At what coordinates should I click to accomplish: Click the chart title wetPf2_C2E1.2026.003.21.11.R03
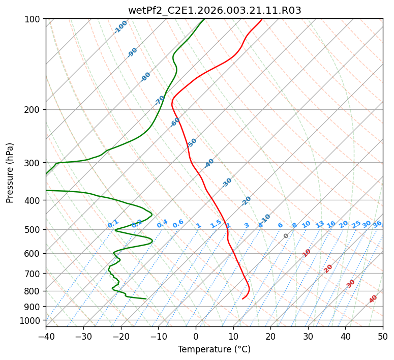click(x=214, y=10)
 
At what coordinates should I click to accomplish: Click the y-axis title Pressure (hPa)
click(x=10, y=172)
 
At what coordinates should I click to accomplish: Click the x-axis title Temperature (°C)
click(x=214, y=349)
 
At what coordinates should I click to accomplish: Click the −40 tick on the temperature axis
click(x=46, y=336)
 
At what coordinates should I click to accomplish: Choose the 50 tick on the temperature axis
click(x=383, y=336)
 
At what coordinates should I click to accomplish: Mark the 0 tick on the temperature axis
click(x=196, y=336)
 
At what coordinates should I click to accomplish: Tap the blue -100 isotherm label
click(x=121, y=26)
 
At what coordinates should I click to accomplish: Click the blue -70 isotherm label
click(x=160, y=100)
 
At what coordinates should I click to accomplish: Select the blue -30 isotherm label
click(x=227, y=183)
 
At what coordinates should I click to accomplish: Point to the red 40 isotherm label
click(x=373, y=299)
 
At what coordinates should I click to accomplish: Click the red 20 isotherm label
click(x=328, y=268)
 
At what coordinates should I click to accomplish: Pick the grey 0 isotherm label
click(x=286, y=236)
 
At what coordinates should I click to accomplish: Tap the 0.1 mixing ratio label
click(x=113, y=224)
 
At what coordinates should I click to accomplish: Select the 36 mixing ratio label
click(x=377, y=224)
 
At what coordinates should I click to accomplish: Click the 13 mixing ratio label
click(x=320, y=224)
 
